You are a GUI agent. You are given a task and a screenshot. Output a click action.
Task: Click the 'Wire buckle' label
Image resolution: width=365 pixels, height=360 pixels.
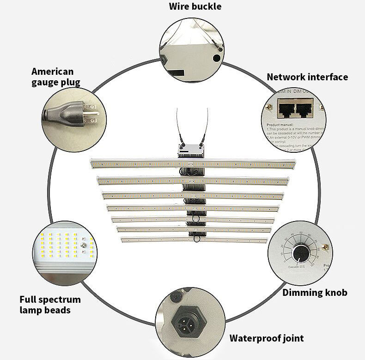pos(195,6)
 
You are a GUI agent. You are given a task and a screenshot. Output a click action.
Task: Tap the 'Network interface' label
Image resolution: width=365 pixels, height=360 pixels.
pos(307,77)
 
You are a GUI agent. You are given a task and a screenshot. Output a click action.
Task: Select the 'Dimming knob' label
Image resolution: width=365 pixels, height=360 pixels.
pos(315,292)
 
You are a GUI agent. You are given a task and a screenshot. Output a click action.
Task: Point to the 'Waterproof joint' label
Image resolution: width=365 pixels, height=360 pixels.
pos(267,338)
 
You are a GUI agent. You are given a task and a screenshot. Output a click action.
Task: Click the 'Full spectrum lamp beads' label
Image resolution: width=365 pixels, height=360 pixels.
pos(50,305)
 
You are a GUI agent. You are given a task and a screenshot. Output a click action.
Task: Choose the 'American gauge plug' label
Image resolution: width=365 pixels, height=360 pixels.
pos(55,77)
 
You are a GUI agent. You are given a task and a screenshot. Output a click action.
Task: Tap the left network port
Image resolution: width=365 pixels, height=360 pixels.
pos(285,109)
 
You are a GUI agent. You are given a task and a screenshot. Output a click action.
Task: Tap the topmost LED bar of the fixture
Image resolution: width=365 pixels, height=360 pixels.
pos(194,163)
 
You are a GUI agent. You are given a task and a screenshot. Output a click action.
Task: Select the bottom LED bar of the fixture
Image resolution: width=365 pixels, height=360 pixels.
pos(194,240)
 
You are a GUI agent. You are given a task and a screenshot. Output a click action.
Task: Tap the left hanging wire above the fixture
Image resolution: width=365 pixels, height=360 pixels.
pos(178,122)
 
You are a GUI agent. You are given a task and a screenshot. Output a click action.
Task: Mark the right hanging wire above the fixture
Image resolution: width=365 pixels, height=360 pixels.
pos(204,122)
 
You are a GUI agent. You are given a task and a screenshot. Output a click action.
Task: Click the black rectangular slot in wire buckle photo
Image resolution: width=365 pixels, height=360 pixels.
pos(177,73)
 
